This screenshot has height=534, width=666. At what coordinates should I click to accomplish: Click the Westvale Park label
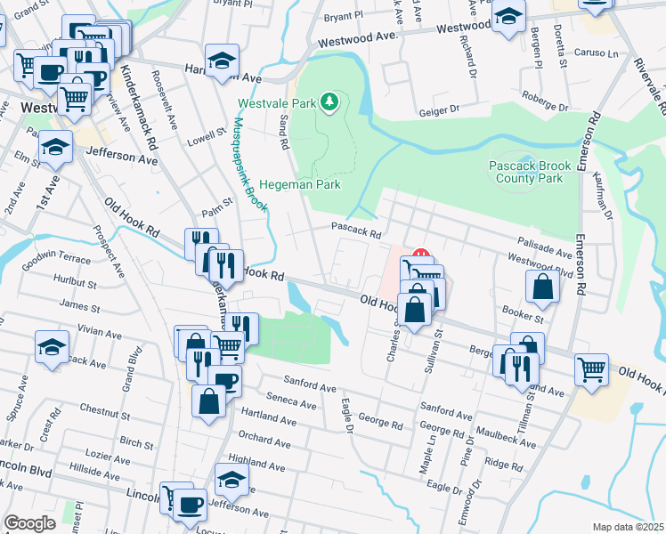pos(286,104)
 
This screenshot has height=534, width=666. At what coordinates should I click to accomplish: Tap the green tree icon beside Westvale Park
pos(330,102)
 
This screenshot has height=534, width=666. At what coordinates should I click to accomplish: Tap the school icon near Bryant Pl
pos(508,18)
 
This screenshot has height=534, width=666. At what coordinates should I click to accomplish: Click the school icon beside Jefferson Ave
pos(56,148)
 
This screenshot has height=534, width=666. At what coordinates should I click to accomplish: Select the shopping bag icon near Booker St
pos(542,287)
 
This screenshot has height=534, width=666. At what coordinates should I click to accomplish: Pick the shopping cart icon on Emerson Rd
pos(590,368)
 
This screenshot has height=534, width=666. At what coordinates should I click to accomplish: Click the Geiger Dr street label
pos(438,112)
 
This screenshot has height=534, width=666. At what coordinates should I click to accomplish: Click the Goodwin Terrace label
pos(56,257)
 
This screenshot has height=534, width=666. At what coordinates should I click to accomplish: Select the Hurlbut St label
pos(74,285)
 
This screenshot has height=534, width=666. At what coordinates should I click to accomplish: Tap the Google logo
pos(29,523)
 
